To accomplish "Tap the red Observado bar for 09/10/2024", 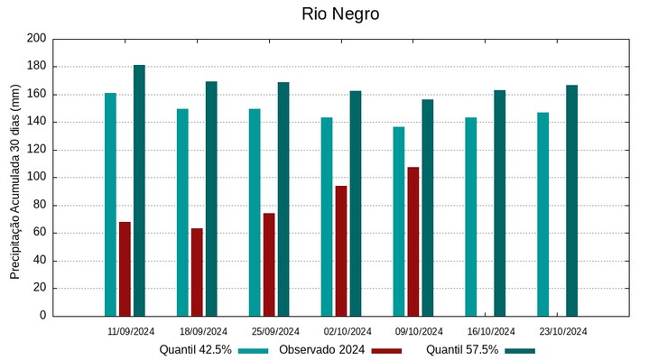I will (413, 242).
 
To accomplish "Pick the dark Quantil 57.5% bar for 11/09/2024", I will (139, 190).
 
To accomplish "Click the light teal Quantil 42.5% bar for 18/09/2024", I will (182, 213).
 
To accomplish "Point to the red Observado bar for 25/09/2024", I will (269, 264).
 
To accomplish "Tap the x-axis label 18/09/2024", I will (204, 331).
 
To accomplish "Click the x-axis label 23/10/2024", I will (562, 331).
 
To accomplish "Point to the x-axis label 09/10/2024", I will (419, 331).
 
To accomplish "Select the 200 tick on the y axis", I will (36, 39).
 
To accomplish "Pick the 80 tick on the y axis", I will (39, 205).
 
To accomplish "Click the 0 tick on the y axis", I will (42, 316).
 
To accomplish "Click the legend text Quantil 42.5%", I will (196, 350).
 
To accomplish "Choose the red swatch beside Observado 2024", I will (386, 350).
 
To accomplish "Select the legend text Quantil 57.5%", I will (462, 350).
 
